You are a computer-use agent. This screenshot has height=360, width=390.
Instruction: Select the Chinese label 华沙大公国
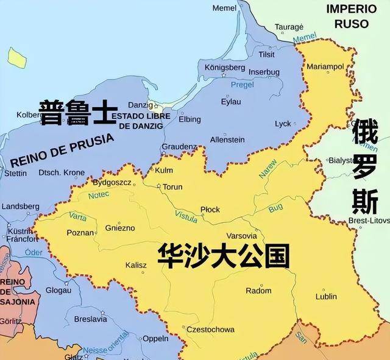222,256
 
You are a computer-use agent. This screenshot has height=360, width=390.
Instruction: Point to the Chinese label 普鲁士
77,113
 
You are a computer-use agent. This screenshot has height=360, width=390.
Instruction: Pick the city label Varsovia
241,236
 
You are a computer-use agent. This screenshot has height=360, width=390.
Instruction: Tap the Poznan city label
80,232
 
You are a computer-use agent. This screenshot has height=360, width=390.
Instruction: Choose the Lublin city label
326,297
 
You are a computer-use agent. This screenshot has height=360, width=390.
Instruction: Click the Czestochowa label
210,330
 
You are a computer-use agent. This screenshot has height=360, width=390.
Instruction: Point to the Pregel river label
242,85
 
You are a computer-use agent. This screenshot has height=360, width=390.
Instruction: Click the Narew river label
268,169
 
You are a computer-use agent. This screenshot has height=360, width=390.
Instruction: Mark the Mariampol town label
325,65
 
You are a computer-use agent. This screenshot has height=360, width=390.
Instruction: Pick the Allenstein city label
227,140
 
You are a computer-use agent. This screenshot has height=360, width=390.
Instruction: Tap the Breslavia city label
91,319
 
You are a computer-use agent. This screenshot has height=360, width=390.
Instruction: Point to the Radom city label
258,291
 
